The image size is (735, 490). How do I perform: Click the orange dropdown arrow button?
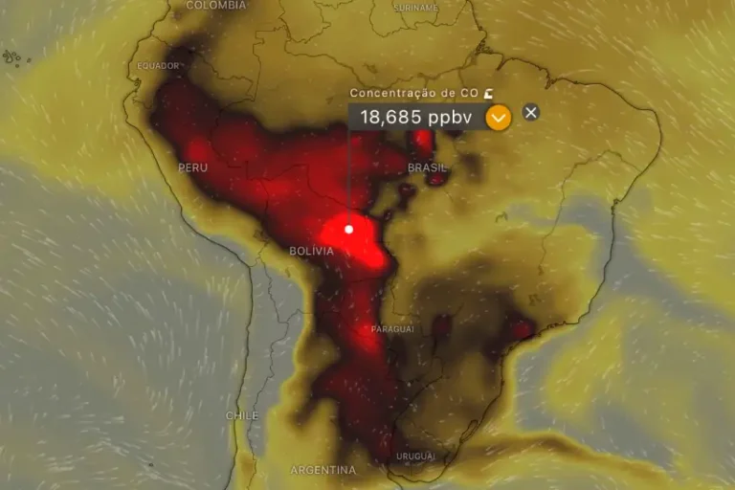coord(499,118)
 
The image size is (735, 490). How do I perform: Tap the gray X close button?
coord(531,112)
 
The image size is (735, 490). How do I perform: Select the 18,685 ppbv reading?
coord(416,118)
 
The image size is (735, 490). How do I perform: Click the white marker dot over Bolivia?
coord(349,229)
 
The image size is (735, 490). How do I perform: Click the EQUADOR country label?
coord(159,66)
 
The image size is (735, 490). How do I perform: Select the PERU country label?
coord(192,167)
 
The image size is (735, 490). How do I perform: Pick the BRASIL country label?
coord(427,167)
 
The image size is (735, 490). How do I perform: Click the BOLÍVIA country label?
coord(311,251)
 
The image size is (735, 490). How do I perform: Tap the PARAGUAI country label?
coord(391,328)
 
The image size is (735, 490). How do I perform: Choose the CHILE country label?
coord(241,416)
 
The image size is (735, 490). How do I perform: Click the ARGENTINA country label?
coord(323,470)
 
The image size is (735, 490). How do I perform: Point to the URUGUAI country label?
coord(415,456)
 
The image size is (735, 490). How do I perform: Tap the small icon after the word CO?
coord(489,93)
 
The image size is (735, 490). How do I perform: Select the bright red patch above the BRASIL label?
coord(421,142)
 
